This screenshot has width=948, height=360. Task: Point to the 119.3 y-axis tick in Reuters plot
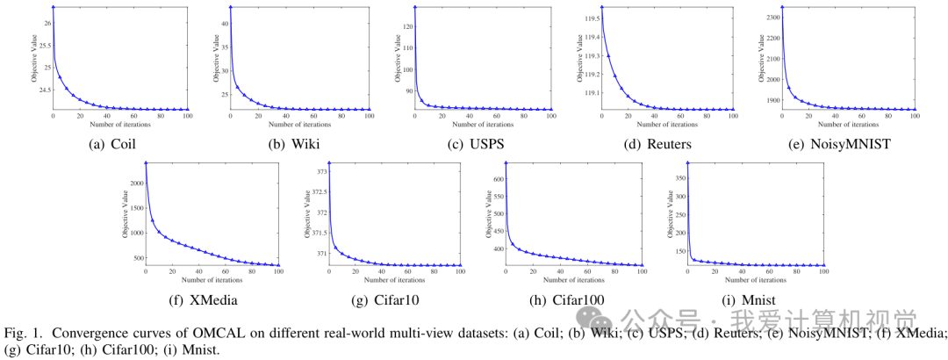tap(589, 54)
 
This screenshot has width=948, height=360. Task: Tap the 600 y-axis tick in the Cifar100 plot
tap(497, 178)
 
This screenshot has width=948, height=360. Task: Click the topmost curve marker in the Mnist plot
tap(687, 162)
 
